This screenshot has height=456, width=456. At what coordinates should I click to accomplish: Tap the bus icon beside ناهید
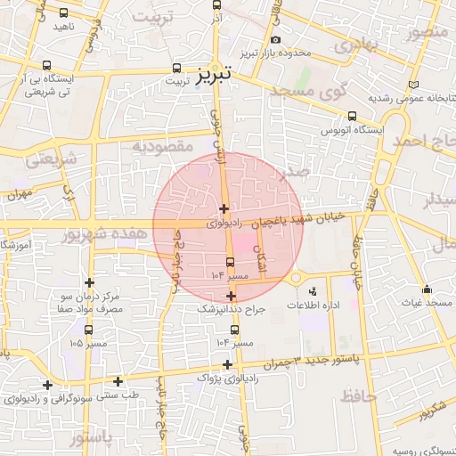coord(63,13)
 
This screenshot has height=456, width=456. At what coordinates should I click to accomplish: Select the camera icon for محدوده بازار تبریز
coord(275,40)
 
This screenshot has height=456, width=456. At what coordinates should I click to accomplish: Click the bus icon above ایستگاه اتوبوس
coord(352,116)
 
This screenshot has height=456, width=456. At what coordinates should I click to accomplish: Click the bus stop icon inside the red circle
coord(231,262)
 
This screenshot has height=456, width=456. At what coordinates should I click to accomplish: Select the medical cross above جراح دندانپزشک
coord(232,296)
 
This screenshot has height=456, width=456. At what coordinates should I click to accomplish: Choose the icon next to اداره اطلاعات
coord(312,291)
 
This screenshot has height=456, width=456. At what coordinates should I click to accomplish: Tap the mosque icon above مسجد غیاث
coord(427,289)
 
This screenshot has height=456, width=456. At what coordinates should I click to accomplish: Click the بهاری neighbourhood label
coord(359,42)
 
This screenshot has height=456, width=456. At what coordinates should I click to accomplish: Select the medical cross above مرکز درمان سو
coord(89,282)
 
